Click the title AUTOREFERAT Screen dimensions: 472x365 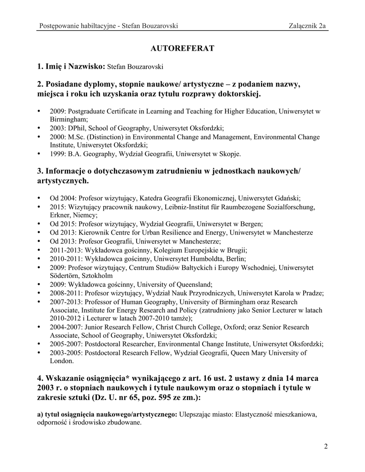pyautogui.click(x=183, y=48)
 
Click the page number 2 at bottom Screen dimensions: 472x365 pyautogui.click(x=326, y=446)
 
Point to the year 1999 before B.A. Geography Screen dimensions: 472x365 pyautogui.click(x=58, y=153)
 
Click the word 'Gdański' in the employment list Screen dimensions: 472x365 pyautogui.click(x=288, y=198)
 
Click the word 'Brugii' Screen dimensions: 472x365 pyautogui.click(x=236, y=250)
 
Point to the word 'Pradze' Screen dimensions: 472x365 pyautogui.click(x=312, y=293)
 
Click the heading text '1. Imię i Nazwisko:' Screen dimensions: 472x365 pyautogui.click(x=71, y=68)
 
